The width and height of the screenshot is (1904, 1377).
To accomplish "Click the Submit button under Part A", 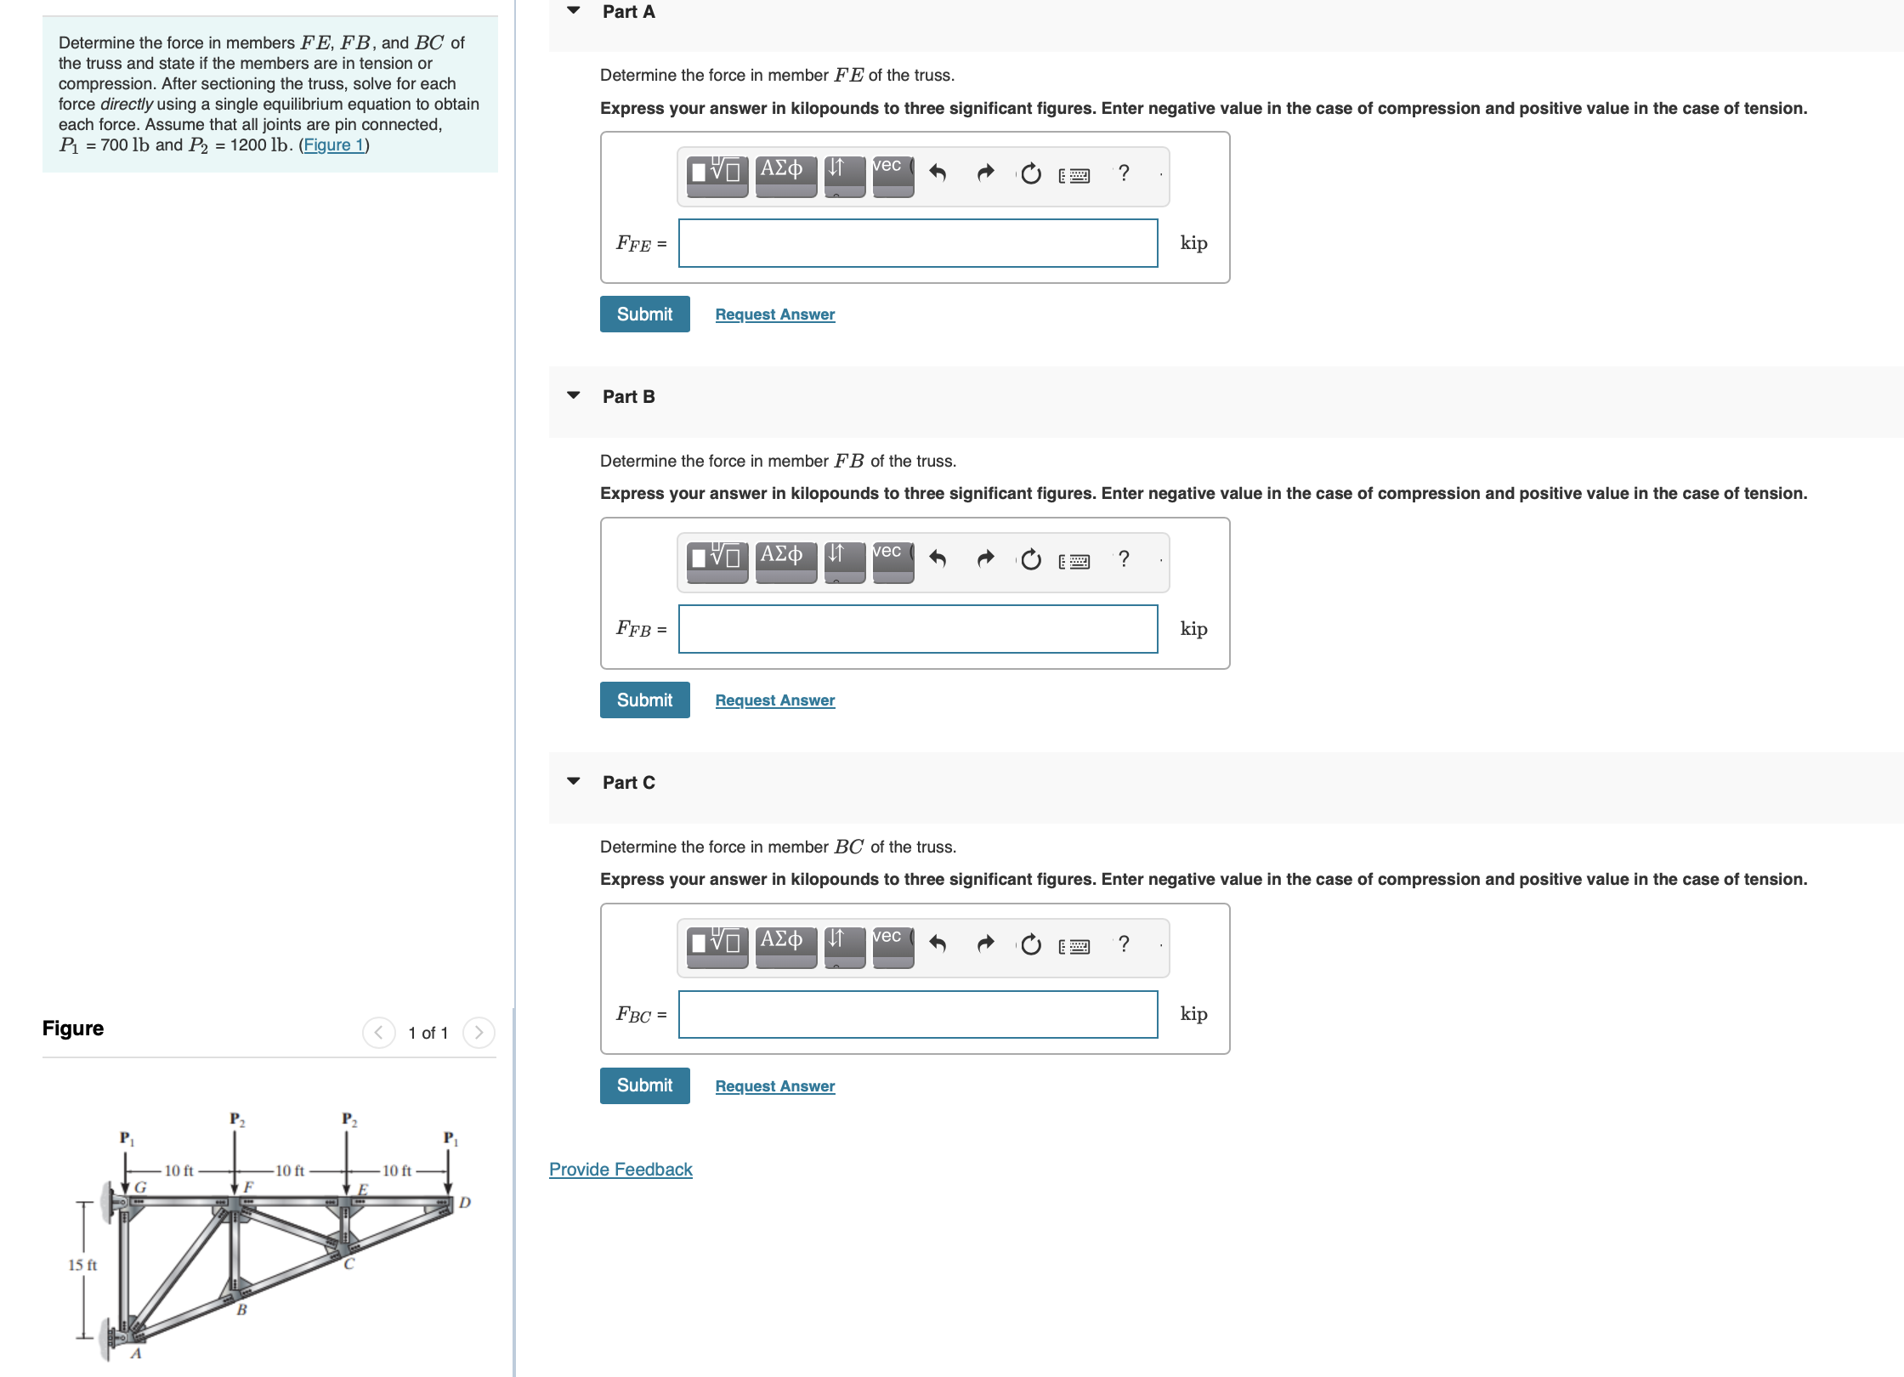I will coord(644,314).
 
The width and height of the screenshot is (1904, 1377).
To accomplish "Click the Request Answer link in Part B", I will coord(774,700).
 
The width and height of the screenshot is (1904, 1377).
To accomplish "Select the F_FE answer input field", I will coord(917,244).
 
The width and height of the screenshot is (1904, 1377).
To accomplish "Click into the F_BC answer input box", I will coord(917,1015).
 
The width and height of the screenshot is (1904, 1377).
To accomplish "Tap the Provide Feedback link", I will coord(620,1170).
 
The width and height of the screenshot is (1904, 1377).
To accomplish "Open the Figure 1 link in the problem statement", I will coord(333,145).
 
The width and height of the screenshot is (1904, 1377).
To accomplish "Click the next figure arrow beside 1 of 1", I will coord(479,1033).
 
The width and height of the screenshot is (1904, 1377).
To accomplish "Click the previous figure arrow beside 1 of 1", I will coord(378,1033).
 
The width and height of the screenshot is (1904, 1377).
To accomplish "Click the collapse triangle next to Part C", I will coord(574,781).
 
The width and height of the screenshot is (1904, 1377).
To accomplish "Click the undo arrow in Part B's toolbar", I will coord(938,559).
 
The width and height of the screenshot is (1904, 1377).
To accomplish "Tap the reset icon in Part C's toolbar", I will coord(1030,944).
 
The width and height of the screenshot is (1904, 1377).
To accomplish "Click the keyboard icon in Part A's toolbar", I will coord(1074,175).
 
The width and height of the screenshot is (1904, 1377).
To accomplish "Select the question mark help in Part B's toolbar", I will coord(1124,558).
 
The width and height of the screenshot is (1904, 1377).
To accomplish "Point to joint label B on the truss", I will coord(241,1310).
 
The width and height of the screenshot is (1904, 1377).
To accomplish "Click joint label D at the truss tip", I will coord(465,1203).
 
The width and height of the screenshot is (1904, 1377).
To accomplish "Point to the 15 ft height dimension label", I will coord(82,1265).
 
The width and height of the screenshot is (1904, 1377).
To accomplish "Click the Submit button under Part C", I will coord(644,1085).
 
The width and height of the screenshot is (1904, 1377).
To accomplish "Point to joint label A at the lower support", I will coord(136,1353).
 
